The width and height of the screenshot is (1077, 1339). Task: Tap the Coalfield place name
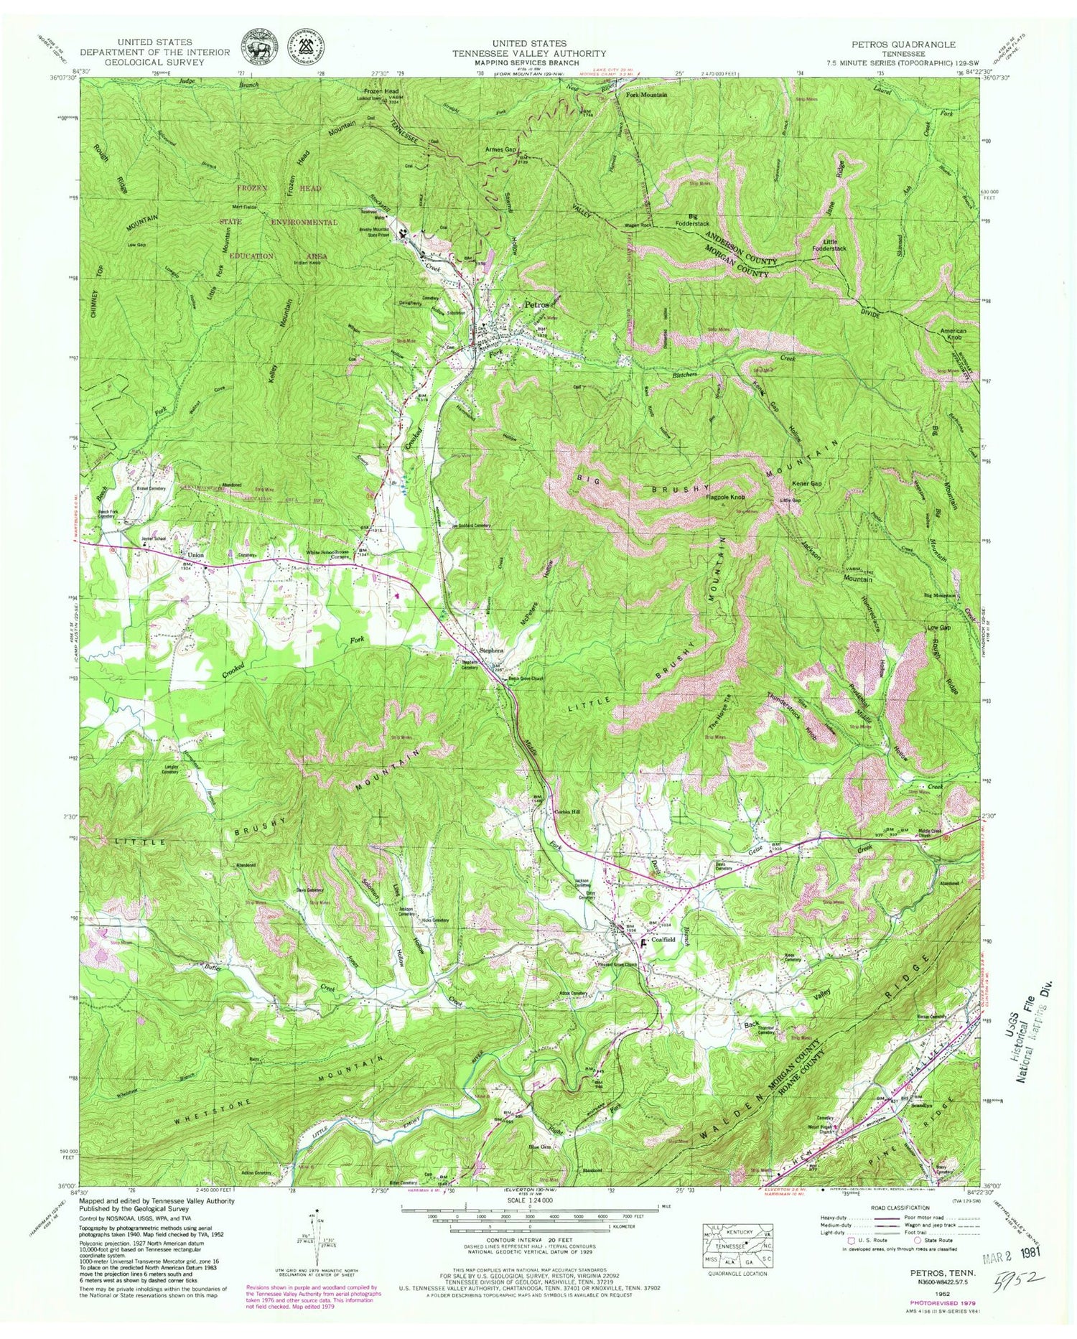pyautogui.click(x=663, y=939)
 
